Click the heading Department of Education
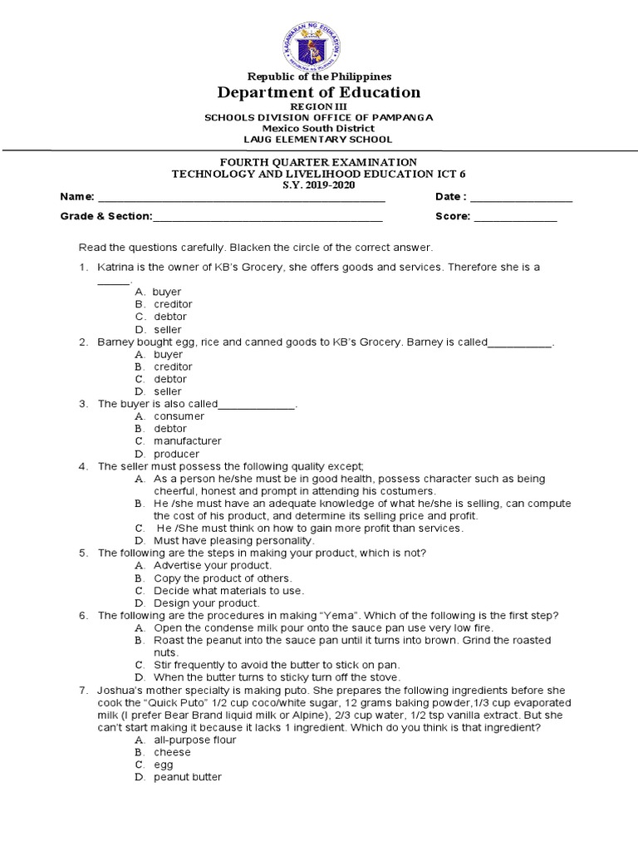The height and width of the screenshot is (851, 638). coord(319,92)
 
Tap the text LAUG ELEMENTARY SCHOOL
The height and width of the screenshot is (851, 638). coord(319,140)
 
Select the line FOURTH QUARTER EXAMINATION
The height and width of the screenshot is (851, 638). coord(319,161)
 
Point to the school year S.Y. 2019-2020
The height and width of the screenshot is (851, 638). coord(319,184)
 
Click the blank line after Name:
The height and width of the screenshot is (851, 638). coord(242,200)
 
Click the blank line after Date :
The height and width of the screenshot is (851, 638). coord(522,200)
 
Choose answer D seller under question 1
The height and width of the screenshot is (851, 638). coord(167,329)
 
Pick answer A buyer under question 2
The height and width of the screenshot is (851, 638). coord(167,354)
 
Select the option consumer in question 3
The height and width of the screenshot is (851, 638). coord(179,416)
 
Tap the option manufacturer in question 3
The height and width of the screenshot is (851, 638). coord(187,441)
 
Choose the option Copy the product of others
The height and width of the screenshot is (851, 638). coord(223,578)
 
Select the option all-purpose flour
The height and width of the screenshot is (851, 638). coord(195,740)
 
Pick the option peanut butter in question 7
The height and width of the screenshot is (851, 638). coord(188,777)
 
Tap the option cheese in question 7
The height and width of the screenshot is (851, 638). coord(172,752)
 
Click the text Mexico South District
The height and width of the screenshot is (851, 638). coord(319,129)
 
